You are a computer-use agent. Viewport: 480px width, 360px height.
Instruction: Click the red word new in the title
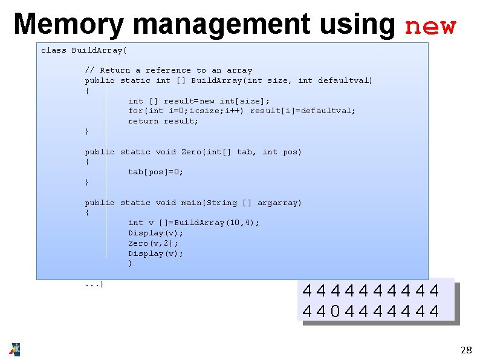[x=430, y=27]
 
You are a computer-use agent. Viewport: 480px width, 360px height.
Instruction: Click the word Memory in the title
[x=68, y=25]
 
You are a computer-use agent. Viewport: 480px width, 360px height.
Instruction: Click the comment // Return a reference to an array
[x=168, y=70]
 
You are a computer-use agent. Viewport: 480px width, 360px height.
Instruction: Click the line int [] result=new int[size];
[x=199, y=101]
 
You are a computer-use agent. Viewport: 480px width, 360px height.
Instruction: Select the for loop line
[x=242, y=111]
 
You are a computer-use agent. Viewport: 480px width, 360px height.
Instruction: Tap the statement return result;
[x=163, y=121]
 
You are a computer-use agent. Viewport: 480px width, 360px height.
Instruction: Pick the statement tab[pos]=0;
[x=155, y=172]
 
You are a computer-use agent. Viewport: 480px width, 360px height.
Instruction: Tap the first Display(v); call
[x=155, y=233]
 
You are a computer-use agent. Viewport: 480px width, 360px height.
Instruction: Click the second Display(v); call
[x=155, y=254]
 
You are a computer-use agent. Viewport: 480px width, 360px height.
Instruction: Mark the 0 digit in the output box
[x=335, y=311]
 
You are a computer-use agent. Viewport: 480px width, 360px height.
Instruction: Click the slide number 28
[x=465, y=350]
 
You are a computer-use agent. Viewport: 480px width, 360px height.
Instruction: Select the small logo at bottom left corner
[x=15, y=349]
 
